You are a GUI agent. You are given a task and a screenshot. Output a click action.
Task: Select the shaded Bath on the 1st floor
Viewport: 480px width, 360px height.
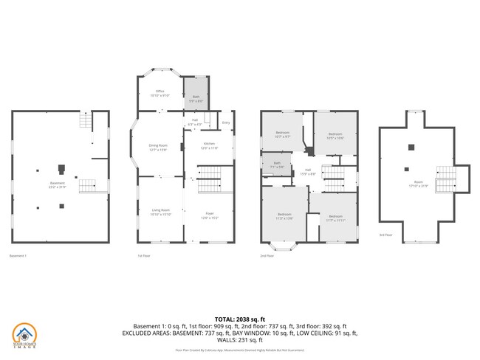(x=196, y=97)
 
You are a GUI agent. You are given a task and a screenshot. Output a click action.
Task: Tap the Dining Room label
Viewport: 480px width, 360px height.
(x=159, y=146)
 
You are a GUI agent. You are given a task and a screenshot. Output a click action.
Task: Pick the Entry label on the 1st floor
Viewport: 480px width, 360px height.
(x=226, y=122)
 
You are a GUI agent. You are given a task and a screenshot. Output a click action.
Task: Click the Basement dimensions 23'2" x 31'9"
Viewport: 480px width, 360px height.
(x=57, y=187)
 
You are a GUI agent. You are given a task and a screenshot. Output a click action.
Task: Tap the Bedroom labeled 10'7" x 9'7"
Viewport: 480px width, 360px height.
(x=282, y=134)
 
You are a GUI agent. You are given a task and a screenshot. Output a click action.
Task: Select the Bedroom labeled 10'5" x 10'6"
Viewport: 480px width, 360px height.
(x=336, y=135)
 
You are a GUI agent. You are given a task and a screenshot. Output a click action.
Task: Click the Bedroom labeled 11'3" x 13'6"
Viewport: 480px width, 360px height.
(x=284, y=215)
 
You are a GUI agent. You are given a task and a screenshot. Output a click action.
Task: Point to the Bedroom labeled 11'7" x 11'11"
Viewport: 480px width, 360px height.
(x=336, y=217)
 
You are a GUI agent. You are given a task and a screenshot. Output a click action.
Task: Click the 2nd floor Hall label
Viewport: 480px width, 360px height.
(x=308, y=171)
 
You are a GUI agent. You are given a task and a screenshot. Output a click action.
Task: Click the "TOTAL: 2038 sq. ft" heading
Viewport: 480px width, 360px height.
(x=239, y=319)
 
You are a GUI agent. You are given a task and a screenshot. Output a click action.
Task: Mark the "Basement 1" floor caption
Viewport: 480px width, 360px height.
(x=18, y=256)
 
